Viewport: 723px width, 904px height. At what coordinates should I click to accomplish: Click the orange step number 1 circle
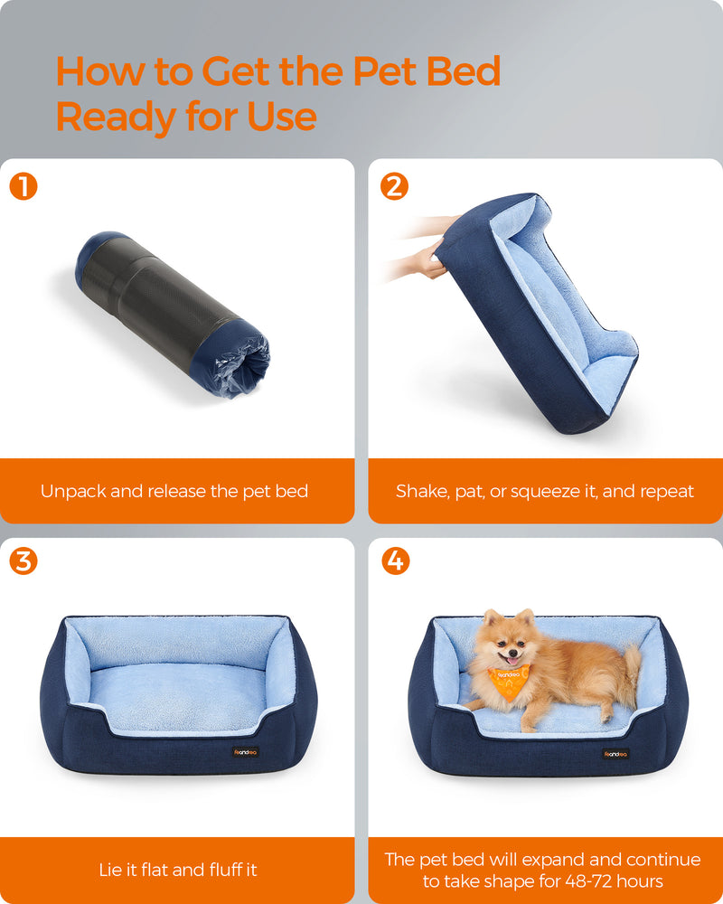coord(23,187)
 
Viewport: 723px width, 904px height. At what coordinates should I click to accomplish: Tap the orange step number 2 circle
coord(395,187)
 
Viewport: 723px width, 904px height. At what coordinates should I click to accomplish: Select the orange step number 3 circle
coord(23,560)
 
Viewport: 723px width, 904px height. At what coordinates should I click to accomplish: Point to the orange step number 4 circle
coord(395,560)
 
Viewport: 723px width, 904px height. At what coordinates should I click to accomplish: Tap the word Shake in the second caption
coord(421,492)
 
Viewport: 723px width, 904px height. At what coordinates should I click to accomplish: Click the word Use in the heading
coord(277,117)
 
